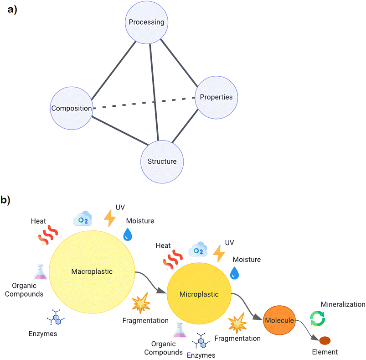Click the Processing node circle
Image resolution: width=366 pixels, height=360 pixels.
(146, 22)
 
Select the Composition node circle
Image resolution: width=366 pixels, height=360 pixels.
(71, 108)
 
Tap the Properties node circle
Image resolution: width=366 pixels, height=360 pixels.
(216, 97)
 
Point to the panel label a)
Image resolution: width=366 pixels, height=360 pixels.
(13, 10)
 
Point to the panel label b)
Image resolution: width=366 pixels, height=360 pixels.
(6, 200)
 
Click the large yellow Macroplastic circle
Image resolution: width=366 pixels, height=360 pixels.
(92, 271)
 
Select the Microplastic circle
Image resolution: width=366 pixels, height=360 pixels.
(199, 294)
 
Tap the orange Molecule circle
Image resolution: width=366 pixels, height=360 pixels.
(279, 320)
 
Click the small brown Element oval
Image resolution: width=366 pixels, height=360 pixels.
(325, 340)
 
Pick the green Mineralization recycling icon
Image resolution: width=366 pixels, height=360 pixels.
(318, 318)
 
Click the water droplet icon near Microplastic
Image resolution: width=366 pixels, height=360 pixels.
(234, 273)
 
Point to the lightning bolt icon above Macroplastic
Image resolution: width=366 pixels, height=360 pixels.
(110, 218)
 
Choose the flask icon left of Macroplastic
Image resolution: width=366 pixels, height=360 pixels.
(40, 272)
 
